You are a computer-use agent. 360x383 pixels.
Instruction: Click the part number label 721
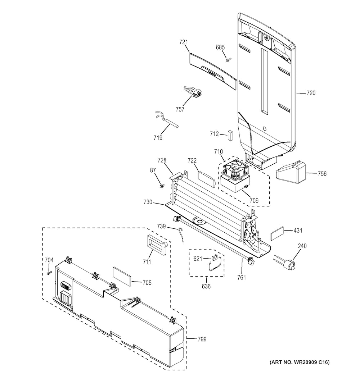click(184, 42)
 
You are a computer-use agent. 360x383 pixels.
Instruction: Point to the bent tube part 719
click(167, 121)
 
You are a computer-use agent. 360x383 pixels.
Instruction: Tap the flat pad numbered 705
click(122, 275)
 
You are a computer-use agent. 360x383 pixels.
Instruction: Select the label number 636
click(206, 286)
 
